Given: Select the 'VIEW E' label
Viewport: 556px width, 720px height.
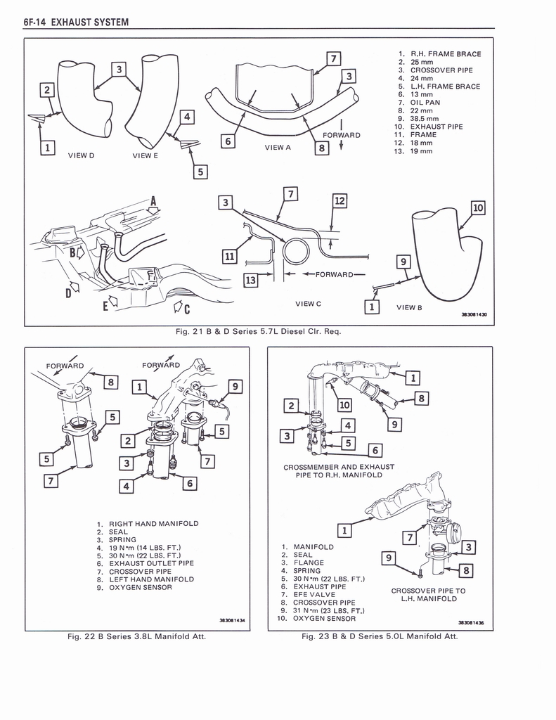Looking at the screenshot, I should click(x=146, y=155).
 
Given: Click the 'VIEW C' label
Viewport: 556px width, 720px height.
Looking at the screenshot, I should click(x=308, y=304).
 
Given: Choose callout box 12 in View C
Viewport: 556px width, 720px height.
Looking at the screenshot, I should click(x=340, y=201).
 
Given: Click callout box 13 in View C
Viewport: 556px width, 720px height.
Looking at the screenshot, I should click(x=250, y=281).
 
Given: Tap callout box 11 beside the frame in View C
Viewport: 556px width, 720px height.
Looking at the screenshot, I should click(x=229, y=257).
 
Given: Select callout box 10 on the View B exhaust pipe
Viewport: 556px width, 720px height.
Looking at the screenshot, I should click(x=478, y=207).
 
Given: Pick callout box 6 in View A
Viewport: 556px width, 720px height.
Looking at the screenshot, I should click(x=227, y=141).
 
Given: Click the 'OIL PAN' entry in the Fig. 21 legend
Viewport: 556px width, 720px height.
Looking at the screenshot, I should click(x=425, y=102).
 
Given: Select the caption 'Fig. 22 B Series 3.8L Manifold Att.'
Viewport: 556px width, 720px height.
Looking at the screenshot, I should click(x=136, y=636).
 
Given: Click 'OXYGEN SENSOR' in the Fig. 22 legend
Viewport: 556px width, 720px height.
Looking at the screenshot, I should click(x=140, y=587).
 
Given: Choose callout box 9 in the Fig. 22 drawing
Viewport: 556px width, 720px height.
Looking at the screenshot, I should click(x=235, y=386).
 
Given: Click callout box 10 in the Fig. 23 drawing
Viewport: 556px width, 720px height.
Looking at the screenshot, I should click(x=344, y=404).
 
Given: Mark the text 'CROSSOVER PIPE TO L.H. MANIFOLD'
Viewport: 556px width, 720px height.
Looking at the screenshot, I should click(x=428, y=595).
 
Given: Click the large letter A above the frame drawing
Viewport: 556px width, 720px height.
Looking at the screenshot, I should click(x=154, y=202).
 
